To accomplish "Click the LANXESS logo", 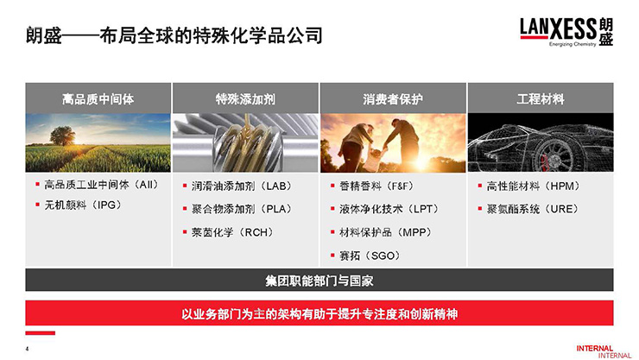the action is tap(566, 32).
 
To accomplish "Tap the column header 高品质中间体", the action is tap(98, 99).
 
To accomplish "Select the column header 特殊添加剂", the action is tap(245, 99).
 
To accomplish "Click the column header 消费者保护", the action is tap(393, 99).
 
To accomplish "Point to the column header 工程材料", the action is tap(541, 99).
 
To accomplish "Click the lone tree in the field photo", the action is tap(62, 136).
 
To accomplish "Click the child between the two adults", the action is tap(374, 160).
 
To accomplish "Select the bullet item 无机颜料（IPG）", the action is tap(83, 205).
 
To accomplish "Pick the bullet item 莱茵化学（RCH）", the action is tap(232, 232).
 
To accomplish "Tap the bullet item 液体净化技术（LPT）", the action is tap(389, 209).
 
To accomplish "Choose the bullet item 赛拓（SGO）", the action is tap(370, 256).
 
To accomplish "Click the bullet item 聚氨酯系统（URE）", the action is tap(533, 209).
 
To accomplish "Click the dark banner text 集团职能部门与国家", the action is tap(319, 281).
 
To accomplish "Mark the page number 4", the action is tap(28, 349).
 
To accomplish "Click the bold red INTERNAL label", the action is tap(595, 348).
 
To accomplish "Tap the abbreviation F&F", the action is tap(400, 186).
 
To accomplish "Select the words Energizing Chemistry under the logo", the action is tap(573, 44).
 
